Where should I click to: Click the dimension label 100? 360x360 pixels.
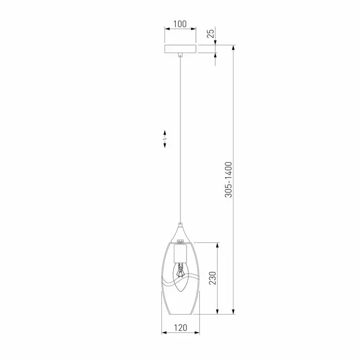click(x=180, y=24)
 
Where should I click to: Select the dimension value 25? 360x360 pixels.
click(x=211, y=34)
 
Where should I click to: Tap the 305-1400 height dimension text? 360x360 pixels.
click(x=228, y=180)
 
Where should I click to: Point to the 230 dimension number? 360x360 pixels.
click(x=213, y=278)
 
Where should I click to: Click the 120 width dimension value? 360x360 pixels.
click(x=180, y=328)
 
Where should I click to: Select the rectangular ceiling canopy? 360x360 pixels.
click(x=180, y=49)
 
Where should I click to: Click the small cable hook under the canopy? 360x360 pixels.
click(x=180, y=55)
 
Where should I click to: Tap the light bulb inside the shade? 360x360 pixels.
click(x=180, y=277)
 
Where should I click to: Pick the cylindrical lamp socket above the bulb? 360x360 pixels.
click(x=180, y=254)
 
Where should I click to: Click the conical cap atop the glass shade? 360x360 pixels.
click(x=180, y=235)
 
